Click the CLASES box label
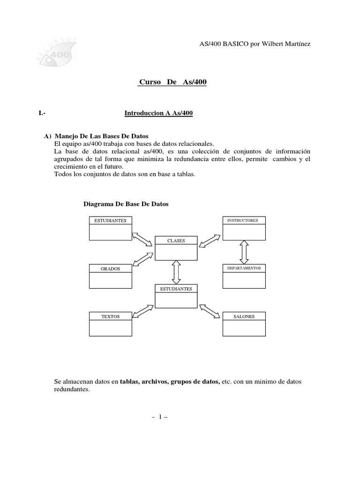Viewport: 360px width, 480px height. tap(176, 241)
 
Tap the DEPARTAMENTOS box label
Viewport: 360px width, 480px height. tap(244, 268)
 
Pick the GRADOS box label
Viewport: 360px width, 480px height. tap(110, 269)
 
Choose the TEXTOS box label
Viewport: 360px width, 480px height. tap(110, 316)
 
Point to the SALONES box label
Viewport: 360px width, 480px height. tap(244, 316)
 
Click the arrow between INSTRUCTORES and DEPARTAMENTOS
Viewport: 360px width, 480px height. tap(244, 252)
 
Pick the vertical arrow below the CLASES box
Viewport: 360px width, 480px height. tap(176, 272)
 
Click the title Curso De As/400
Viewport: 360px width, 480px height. tap(173, 82)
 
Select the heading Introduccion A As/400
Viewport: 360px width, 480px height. tap(158, 113)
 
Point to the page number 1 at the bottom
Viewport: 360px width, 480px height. tap(159, 416)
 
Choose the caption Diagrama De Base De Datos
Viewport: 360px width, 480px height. tap(126, 204)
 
